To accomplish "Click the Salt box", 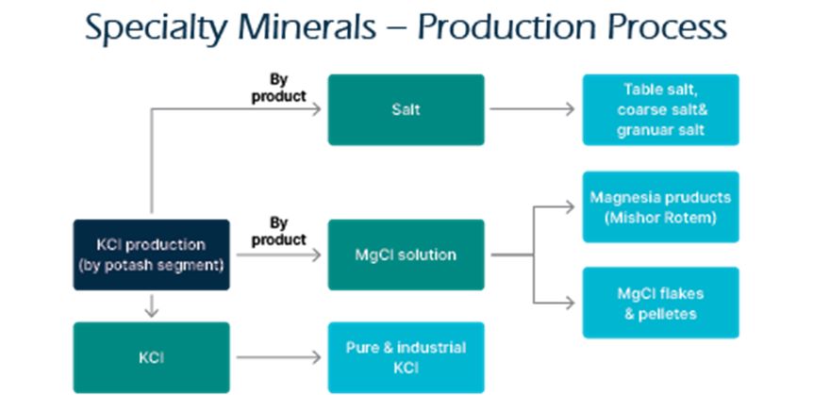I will pos(406,109).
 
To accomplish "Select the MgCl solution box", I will pos(406,255).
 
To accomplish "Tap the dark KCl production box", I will pos(151,255).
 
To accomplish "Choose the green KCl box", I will pos(151,357).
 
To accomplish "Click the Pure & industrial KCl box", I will pos(406,357).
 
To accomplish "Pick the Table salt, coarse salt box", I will pos(660,109).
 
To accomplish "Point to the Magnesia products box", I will pos(660,206).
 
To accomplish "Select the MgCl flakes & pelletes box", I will pos(660,302).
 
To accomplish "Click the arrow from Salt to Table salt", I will pos(532,109).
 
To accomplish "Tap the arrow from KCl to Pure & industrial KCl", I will pos(278,357).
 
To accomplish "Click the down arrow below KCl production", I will pos(151,306).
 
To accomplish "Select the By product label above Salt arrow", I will pos(278,89).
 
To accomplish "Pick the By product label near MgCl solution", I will pos(278,232).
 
